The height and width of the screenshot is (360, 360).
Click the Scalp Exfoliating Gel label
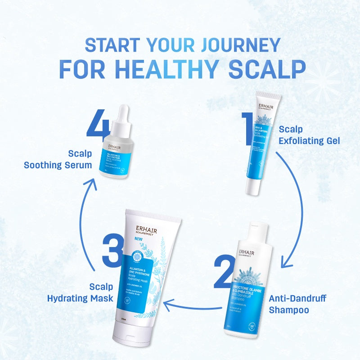(309, 135)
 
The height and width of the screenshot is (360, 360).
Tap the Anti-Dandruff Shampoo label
(297, 304)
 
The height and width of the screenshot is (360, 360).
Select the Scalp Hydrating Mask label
(80, 292)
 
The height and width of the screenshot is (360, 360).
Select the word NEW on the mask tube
(129, 238)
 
